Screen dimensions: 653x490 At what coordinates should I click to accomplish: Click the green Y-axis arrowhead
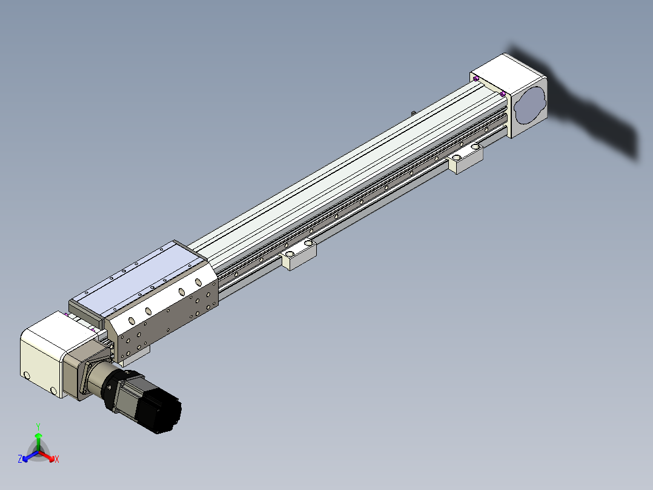pyautogui.click(x=38, y=435)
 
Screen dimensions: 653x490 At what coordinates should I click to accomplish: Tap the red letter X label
pyautogui.click(x=57, y=459)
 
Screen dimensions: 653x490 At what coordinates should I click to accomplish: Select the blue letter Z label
pyautogui.click(x=20, y=458)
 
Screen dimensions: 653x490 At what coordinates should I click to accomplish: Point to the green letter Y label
pyautogui.click(x=38, y=426)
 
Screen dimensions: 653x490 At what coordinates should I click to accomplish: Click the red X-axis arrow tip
pyautogui.click(x=53, y=460)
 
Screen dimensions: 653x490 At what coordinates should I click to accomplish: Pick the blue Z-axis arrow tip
pyautogui.click(x=24, y=460)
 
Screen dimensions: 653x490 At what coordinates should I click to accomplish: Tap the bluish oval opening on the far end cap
pyautogui.click(x=530, y=105)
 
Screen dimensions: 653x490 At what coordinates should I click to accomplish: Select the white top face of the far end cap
pyautogui.click(x=509, y=69)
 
